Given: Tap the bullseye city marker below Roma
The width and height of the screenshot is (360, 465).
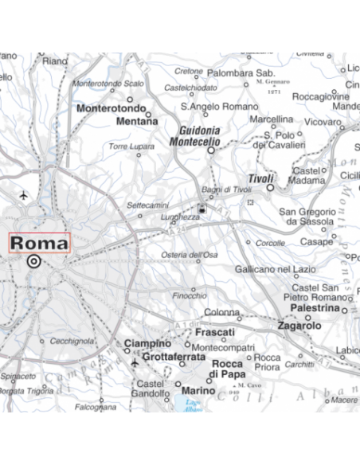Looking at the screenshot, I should (33, 260).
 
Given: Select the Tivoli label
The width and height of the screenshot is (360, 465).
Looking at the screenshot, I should (260, 178).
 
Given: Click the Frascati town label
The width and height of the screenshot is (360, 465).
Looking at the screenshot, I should (214, 332).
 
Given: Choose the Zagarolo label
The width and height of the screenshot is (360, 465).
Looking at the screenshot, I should (299, 326).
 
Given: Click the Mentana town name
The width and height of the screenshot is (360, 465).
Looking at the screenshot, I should (137, 122).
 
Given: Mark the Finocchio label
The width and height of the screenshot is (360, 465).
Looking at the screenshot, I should (190, 296).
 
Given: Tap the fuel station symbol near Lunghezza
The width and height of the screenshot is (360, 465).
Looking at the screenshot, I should (202, 209).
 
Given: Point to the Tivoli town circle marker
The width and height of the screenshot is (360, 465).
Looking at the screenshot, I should (270, 189).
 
